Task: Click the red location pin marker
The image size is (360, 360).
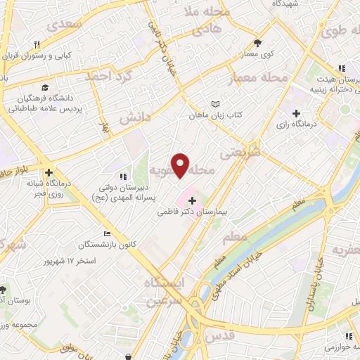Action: pyautogui.click(x=181, y=165)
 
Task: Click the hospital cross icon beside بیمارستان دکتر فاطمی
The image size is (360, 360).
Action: pyautogui.click(x=193, y=201)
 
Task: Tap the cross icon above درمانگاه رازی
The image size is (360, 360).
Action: pyautogui.click(x=296, y=112)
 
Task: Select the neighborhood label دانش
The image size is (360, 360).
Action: pyautogui.click(x=134, y=117)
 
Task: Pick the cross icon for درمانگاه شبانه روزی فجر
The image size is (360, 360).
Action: pyautogui.click(x=49, y=172)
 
